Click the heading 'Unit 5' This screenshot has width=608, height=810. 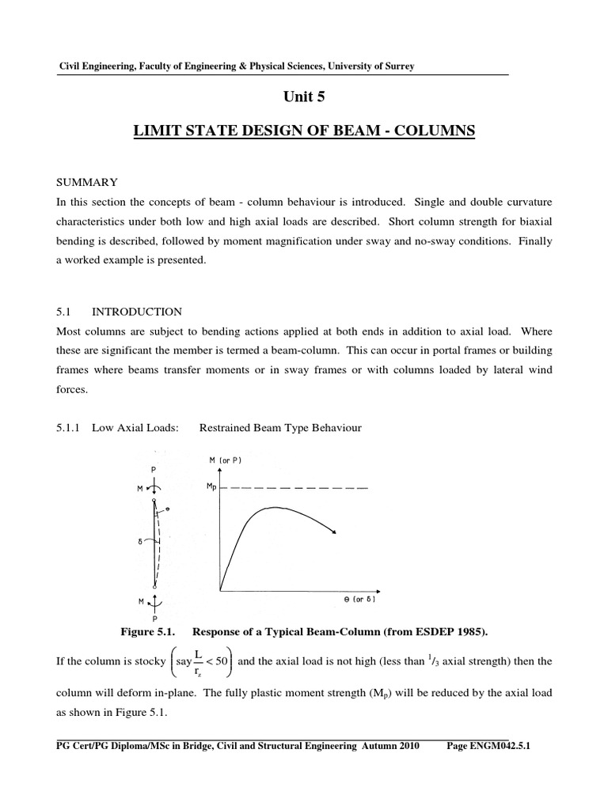click(x=304, y=97)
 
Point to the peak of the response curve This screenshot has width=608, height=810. click(x=273, y=507)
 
